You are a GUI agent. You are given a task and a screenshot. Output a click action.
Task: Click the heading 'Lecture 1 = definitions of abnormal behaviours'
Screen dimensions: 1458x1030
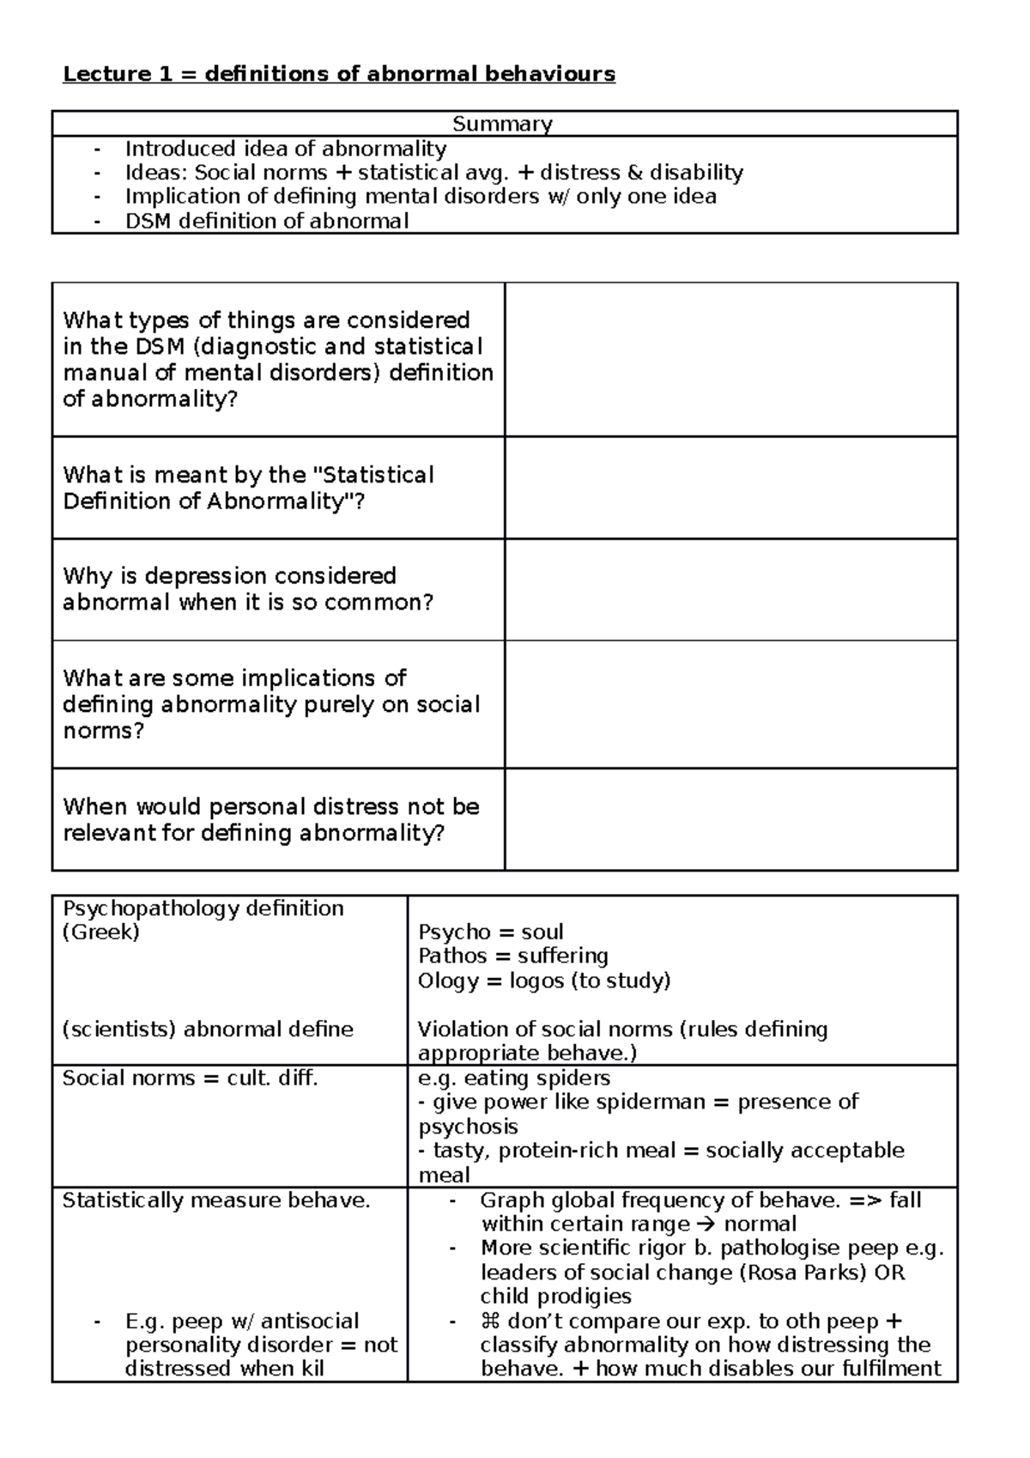click(x=339, y=74)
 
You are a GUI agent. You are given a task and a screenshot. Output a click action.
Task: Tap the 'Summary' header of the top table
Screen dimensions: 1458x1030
click(x=502, y=124)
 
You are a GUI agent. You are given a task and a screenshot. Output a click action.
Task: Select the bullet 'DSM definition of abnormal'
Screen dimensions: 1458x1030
click(x=266, y=221)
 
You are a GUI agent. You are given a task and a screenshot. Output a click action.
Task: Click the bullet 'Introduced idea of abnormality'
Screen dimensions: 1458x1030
click(x=285, y=149)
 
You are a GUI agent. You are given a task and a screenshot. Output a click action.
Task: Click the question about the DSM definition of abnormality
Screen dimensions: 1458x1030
click(x=277, y=359)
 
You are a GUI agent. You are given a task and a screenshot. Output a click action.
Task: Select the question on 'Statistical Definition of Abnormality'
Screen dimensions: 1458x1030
click(x=249, y=488)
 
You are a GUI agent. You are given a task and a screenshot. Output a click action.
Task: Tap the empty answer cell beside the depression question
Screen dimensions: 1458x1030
click(x=730, y=590)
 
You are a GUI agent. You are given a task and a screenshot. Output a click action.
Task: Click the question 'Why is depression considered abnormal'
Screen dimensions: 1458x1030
click(x=248, y=589)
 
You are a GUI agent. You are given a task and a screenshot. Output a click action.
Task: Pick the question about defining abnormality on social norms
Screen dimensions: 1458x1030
click(x=270, y=704)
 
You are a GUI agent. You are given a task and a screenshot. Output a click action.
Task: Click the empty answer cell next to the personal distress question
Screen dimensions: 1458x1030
click(x=730, y=819)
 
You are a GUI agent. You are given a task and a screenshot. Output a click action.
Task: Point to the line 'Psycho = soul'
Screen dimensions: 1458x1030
click(x=490, y=932)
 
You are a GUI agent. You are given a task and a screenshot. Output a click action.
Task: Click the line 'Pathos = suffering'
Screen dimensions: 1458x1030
click(x=512, y=956)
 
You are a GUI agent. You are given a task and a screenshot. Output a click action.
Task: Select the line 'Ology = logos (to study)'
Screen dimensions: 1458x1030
click(x=543, y=980)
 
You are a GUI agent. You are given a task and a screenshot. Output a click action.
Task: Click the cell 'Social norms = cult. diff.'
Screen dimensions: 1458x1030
click(x=190, y=1078)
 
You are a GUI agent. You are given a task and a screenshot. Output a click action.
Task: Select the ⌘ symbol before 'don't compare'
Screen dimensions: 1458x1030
click(x=491, y=1321)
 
